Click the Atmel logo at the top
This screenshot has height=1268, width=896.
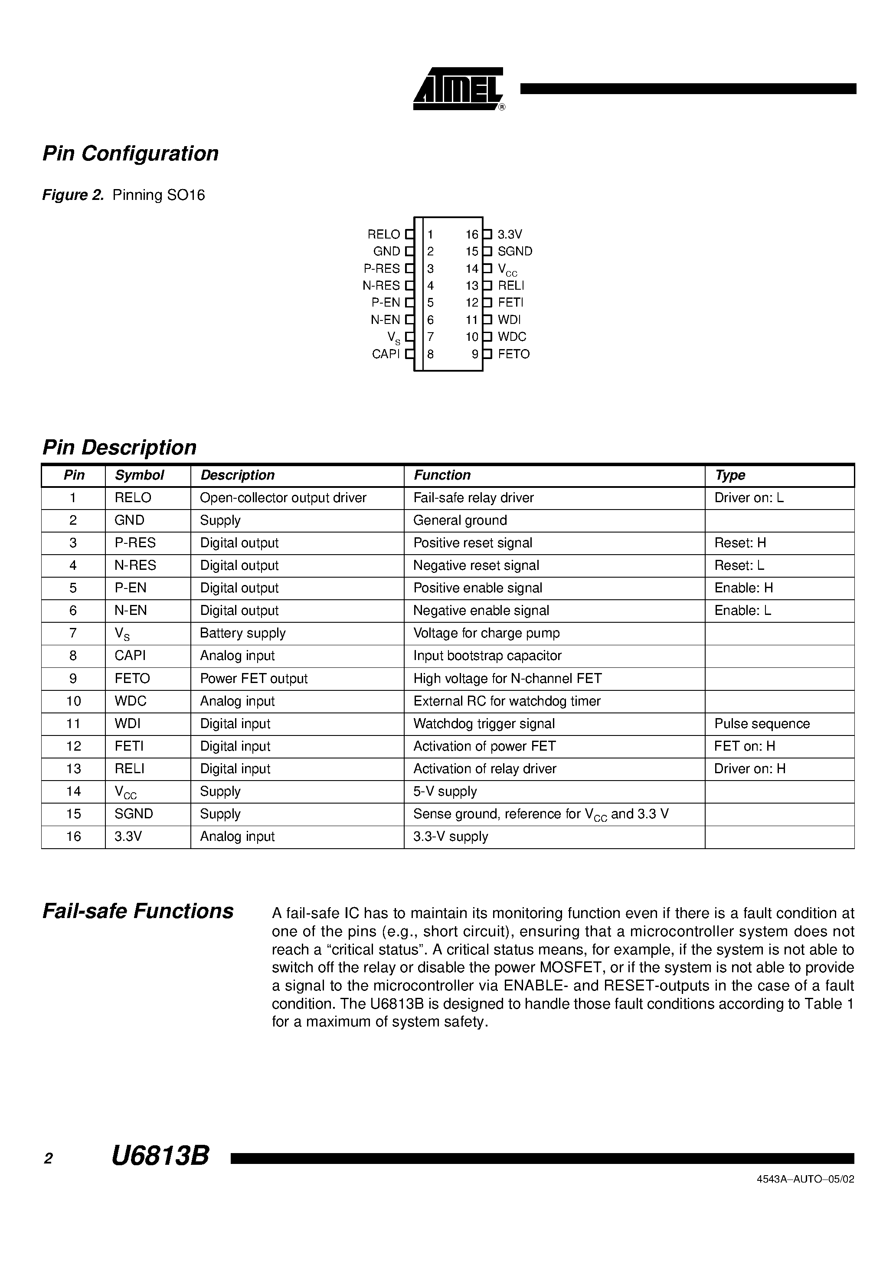tap(458, 88)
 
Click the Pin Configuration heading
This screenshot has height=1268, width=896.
tap(131, 154)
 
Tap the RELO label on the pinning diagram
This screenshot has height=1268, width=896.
tap(383, 234)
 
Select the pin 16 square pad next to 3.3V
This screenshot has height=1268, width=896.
tap(487, 234)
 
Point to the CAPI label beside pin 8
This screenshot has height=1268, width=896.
tap(386, 354)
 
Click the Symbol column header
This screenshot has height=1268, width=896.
tap(139, 475)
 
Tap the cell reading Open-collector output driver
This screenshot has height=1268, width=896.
tap(283, 498)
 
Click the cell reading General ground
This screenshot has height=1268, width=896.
tap(460, 521)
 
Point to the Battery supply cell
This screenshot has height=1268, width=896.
tap(242, 634)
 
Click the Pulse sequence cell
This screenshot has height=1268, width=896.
tap(762, 724)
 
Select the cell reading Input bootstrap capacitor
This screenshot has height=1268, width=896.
tap(487, 656)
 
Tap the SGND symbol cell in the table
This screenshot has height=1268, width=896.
tap(134, 814)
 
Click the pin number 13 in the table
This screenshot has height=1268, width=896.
tap(73, 769)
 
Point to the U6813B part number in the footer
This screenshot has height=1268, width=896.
tap(160, 1156)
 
